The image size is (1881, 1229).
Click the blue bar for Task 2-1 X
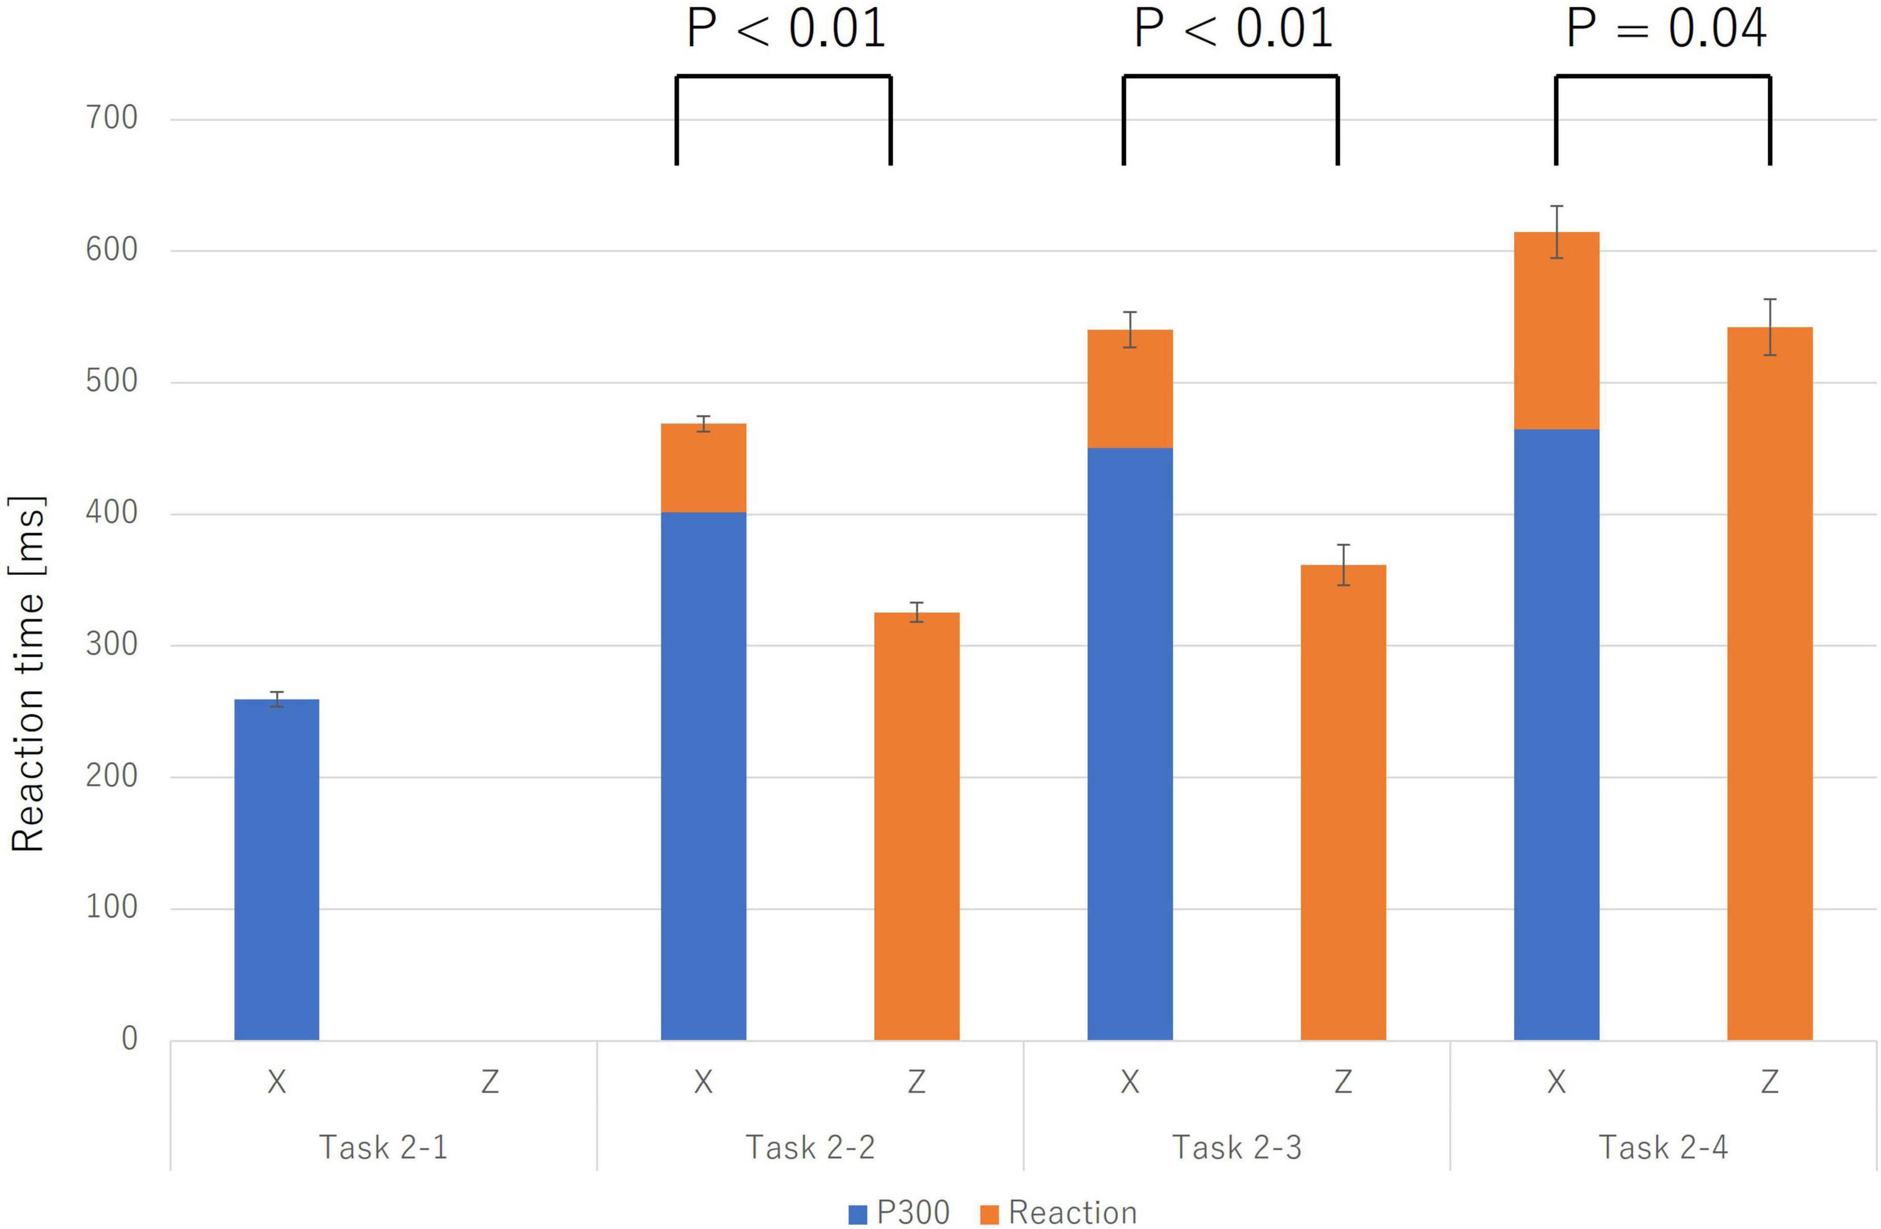click(x=276, y=869)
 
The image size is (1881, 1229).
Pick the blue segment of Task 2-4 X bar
click(x=1556, y=735)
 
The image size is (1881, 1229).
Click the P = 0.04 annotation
click(x=1666, y=30)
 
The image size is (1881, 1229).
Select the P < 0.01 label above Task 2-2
click(x=786, y=30)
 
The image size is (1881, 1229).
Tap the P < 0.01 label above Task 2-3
click(x=1233, y=30)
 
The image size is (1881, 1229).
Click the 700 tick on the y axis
click(x=111, y=119)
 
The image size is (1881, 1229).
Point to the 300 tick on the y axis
click(x=111, y=645)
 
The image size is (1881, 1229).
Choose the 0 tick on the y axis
click(x=129, y=1039)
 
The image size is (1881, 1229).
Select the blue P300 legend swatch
click(x=857, y=1214)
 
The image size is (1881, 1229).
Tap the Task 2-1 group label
click(x=383, y=1147)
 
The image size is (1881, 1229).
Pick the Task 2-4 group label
click(x=1664, y=1147)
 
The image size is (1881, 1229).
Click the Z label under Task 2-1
click(x=490, y=1081)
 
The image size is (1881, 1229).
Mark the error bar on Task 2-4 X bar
click(x=1556, y=232)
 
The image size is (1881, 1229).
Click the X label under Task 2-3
click(x=1130, y=1081)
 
